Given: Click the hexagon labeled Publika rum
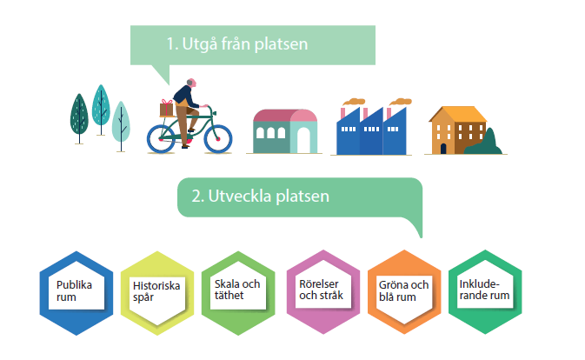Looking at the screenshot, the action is click(76, 293).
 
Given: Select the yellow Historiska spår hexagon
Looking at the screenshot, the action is click(157, 293).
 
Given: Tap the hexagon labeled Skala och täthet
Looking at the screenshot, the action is click(238, 293).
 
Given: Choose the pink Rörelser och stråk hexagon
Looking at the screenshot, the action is click(323, 292).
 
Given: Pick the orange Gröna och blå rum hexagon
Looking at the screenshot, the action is click(404, 292).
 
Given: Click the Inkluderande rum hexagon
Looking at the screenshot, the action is click(485, 292).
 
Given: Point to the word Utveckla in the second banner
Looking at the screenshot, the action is click(240, 197).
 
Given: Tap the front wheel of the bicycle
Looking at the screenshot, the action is click(218, 139).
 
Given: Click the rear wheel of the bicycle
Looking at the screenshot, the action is click(161, 139).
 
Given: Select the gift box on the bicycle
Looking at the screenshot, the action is click(166, 108).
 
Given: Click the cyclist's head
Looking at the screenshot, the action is click(191, 83).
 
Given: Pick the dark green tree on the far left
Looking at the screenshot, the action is click(79, 114).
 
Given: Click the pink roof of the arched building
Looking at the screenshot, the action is click(285, 116).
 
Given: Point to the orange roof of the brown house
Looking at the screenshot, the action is click(458, 114).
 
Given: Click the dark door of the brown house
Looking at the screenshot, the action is click(443, 149).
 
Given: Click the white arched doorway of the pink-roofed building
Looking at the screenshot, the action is click(303, 140).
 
